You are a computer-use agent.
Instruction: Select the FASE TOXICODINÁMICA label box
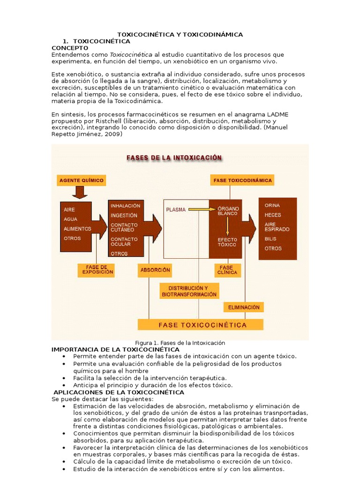click(242, 180)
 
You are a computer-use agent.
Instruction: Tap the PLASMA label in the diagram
click(176, 210)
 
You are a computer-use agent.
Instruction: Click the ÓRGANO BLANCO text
click(228, 211)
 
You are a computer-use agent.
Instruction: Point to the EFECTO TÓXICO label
click(227, 242)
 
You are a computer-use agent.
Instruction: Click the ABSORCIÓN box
click(155, 270)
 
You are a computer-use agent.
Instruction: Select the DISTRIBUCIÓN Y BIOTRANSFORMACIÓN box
click(189, 291)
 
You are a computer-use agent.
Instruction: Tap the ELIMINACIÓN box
click(244, 307)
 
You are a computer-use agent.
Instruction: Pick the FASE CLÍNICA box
click(227, 270)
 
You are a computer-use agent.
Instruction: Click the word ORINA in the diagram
click(272, 205)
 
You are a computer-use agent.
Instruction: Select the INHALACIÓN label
click(125, 206)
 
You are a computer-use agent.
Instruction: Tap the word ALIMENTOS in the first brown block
click(77, 229)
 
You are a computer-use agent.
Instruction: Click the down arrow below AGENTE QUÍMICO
click(79, 192)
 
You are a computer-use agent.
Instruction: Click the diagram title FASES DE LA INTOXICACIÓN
click(174, 158)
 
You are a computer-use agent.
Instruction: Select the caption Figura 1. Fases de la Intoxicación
click(180, 343)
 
